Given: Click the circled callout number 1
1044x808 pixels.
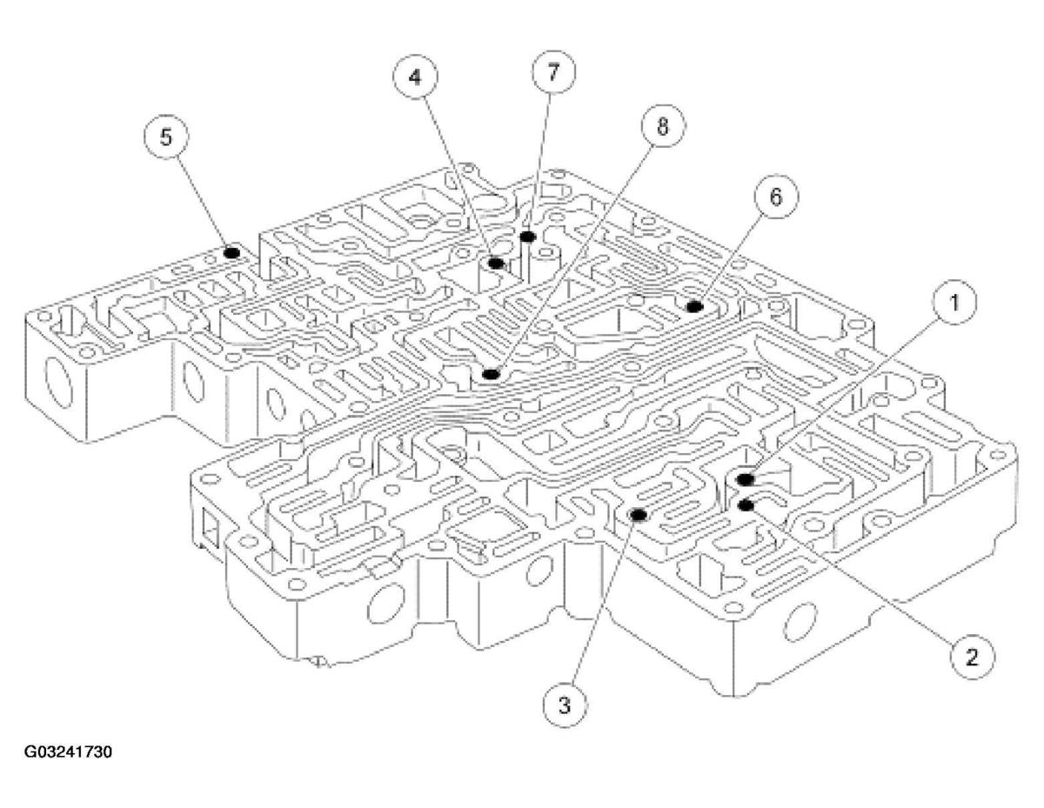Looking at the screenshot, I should pos(954,303).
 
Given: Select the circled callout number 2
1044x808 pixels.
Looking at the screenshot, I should pos(972,655).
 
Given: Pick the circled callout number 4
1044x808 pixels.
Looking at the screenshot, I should pos(415,77).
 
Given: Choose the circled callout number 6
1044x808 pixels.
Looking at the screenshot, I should pos(774,197).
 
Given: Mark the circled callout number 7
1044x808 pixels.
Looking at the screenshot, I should pos(551,73).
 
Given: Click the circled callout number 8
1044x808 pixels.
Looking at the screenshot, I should pos(662,127).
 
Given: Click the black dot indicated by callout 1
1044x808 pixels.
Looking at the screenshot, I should pos(745,479).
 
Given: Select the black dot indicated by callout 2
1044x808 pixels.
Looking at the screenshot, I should pos(745,504).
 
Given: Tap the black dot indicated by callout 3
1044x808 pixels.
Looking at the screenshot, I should pos(638,514).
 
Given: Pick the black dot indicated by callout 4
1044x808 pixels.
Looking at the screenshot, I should pos(496,263).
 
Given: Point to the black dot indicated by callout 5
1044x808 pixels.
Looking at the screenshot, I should pos(231,252).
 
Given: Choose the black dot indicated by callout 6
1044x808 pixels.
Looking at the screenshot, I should pos(694,305).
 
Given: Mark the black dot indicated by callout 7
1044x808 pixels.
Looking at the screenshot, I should pos(526,236).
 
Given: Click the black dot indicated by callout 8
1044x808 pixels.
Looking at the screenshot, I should pos(491,374).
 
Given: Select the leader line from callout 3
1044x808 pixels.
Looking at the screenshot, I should pos(600,609).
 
